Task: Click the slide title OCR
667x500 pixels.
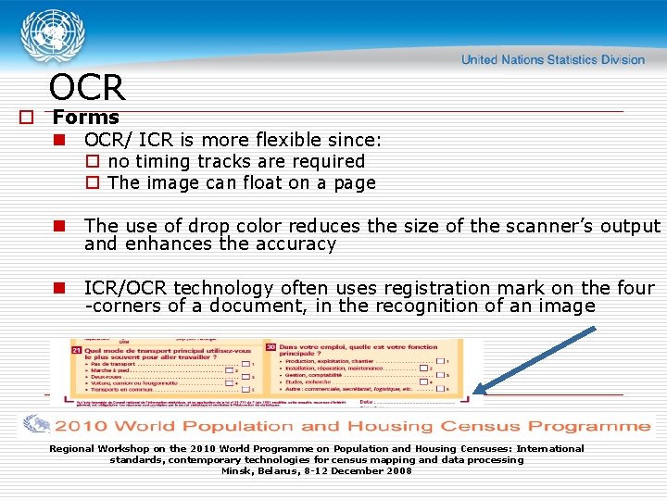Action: [86, 88]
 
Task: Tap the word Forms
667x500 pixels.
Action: [86, 118]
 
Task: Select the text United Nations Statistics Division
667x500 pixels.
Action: [552, 60]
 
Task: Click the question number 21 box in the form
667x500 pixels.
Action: [76, 350]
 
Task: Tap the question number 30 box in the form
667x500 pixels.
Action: [271, 346]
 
